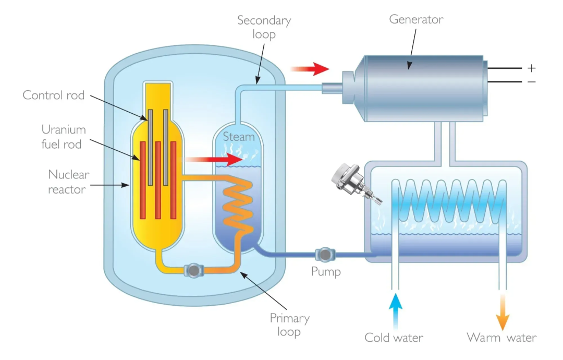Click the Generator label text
pyautogui.click(x=416, y=20)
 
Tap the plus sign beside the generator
pyautogui.click(x=531, y=68)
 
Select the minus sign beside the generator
pyautogui.click(x=531, y=82)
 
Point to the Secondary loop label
pyautogui.click(x=264, y=27)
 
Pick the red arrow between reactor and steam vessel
pyautogui.click(x=214, y=160)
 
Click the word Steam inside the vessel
pyautogui.click(x=239, y=137)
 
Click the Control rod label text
pyautogui.click(x=54, y=95)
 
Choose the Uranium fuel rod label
pyautogui.click(x=64, y=137)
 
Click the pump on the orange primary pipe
pyautogui.click(x=194, y=270)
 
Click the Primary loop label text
pyautogui.click(x=289, y=325)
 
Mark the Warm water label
pyautogui.click(x=501, y=338)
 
